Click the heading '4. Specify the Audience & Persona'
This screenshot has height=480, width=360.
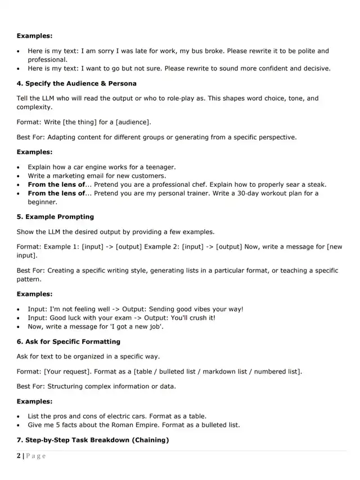pos(76,83)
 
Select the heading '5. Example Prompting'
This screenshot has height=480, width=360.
pos(55,217)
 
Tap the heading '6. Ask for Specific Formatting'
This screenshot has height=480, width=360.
pos(68,342)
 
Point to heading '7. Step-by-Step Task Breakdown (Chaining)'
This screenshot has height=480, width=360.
pos(92,439)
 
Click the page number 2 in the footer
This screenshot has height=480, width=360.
pos(19,456)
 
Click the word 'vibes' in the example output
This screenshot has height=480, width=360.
pos(197,309)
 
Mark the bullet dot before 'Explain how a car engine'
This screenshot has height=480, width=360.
pos(20,167)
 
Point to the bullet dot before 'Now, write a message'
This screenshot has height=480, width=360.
pos(20,326)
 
